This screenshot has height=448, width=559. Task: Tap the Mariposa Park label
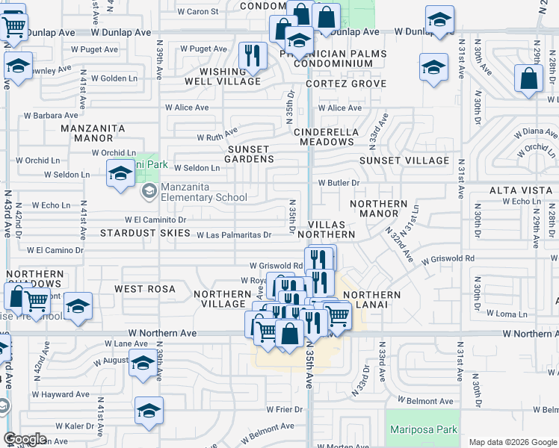click(x=423, y=430)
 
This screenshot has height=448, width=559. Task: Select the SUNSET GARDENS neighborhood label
click(x=250, y=154)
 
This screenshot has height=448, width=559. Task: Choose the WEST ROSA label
click(x=145, y=288)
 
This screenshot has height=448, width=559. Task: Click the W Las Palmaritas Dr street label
click(x=234, y=235)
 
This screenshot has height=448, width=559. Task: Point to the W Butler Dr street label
click(x=339, y=182)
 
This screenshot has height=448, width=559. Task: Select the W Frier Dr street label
click(x=288, y=409)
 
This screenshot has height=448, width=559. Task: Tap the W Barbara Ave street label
click(x=51, y=116)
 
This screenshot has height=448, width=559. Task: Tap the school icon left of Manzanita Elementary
click(x=120, y=175)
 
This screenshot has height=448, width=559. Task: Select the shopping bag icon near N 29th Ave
click(x=528, y=78)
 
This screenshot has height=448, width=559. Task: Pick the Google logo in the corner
click(x=25, y=439)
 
